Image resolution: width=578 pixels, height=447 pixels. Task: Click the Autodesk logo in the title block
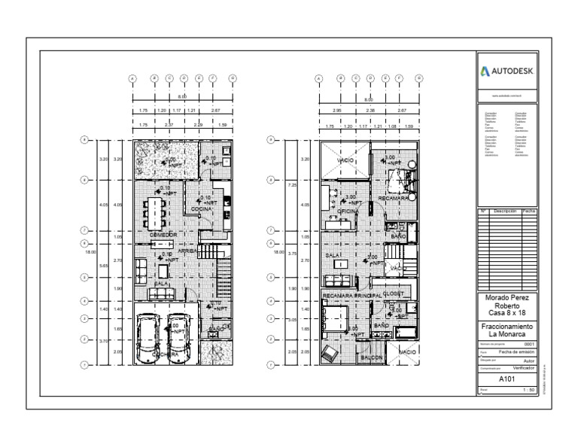508,71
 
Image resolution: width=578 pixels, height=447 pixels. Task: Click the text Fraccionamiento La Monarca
508,330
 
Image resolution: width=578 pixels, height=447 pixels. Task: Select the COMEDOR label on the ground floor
162,235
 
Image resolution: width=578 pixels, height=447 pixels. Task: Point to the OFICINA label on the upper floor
345,213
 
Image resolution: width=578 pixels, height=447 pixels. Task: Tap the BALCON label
372,359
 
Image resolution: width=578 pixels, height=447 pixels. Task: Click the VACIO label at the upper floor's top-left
346,161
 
